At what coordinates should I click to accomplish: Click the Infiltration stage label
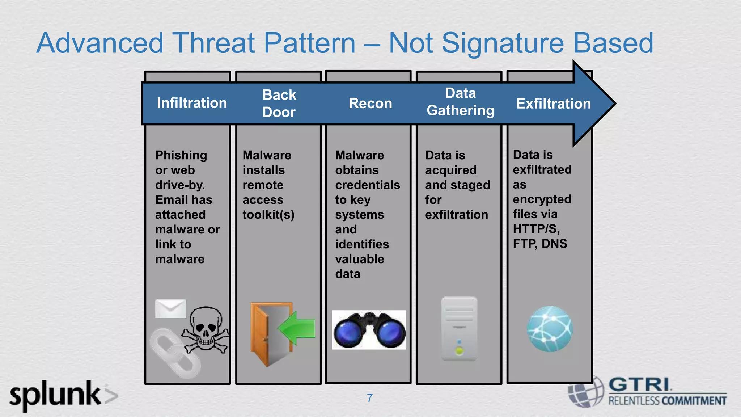(192, 103)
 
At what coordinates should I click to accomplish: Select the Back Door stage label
(279, 104)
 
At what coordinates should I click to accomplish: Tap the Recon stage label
(370, 104)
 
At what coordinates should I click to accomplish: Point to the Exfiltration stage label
(553, 104)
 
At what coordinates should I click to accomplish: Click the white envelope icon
(170, 308)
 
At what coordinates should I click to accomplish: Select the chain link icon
(175, 353)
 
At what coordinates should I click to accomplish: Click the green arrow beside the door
(297, 328)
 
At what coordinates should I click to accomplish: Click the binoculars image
(369, 330)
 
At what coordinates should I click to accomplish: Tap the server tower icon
(459, 329)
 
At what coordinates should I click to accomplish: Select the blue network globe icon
(550, 329)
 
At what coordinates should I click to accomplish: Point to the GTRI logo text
(640, 384)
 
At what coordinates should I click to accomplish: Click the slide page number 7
(370, 398)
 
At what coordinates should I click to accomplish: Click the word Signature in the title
(502, 43)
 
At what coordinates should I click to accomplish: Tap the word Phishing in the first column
(181, 155)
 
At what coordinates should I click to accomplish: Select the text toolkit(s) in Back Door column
(268, 215)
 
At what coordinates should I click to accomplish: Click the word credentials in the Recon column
(367, 185)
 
